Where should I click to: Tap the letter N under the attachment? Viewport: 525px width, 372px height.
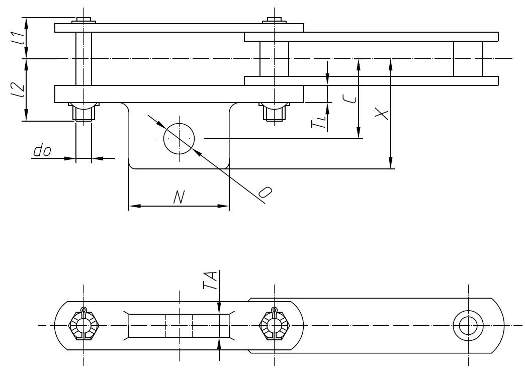point(178,198)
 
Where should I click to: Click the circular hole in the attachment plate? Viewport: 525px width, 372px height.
point(179,138)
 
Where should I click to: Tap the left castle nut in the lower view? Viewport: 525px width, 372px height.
point(84,325)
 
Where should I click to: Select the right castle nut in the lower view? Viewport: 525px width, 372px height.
point(274,325)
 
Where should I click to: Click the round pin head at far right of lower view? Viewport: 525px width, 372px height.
point(468,325)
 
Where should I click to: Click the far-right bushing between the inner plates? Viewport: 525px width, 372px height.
point(468,59)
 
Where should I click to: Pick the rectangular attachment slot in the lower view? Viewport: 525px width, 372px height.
point(179,325)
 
